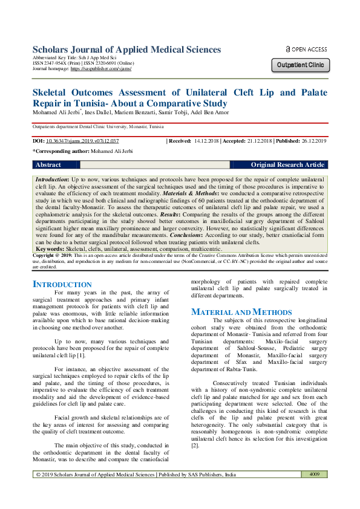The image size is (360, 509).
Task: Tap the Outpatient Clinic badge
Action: (x=301, y=65)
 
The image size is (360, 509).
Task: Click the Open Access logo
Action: (x=306, y=50)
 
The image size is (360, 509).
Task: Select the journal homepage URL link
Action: (x=101, y=69)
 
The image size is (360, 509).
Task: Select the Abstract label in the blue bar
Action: (x=48, y=164)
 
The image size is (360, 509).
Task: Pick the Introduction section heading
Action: (x=62, y=284)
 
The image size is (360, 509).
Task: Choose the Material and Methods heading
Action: (x=233, y=312)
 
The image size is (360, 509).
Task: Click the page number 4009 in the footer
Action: (x=314, y=491)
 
